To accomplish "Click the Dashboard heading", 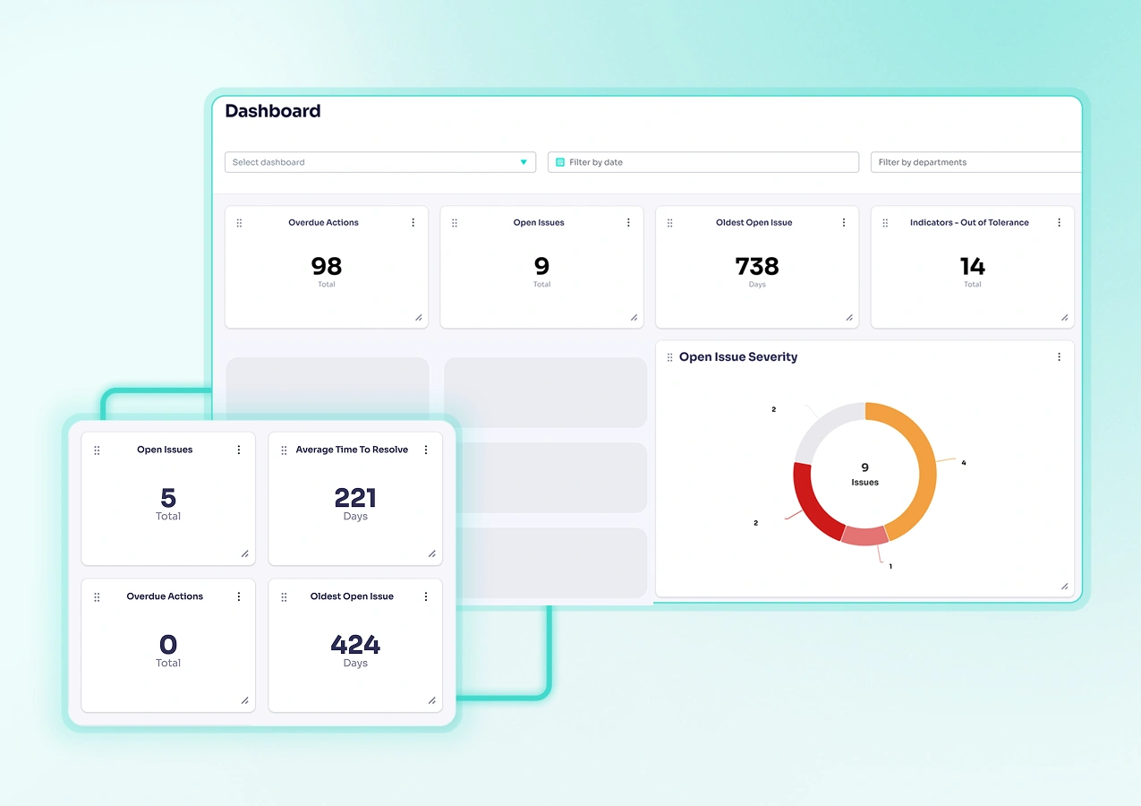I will (x=272, y=111).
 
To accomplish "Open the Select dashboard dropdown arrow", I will (x=524, y=162).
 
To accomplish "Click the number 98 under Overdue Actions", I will (x=326, y=266).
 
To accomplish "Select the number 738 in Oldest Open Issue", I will (x=757, y=266).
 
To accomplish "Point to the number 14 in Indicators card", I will (x=972, y=266).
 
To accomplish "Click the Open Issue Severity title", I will (x=737, y=356).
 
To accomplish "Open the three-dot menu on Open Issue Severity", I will (x=1059, y=356).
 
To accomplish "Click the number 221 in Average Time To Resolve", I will (x=355, y=498).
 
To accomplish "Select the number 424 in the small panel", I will (x=355, y=645).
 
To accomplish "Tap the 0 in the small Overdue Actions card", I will (x=168, y=645).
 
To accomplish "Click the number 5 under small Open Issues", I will (x=168, y=498).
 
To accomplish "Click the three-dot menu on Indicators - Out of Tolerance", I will (x=1059, y=222).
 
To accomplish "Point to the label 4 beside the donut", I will (x=963, y=463).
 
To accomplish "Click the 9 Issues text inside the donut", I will (x=864, y=475).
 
